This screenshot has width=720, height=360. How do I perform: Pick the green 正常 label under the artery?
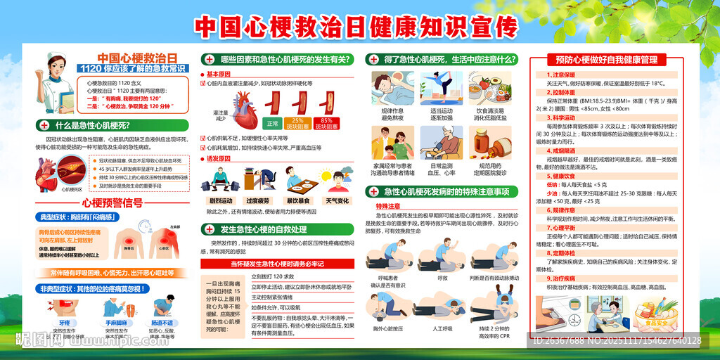pos(272,123)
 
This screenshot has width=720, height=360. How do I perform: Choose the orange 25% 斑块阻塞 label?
pos(298,123)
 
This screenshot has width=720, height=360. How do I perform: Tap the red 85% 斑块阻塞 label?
pos(326,123)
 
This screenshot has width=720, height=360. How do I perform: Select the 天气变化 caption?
pos(337,200)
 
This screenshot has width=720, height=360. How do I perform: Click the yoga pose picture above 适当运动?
pos(442,88)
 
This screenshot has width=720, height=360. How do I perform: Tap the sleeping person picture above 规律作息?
pos(392,88)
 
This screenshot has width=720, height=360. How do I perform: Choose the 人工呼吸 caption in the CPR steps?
pos(442,328)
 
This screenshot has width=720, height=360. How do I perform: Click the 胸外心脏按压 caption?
pos(392,328)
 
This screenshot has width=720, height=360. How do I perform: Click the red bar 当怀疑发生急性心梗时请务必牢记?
pos(276,264)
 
